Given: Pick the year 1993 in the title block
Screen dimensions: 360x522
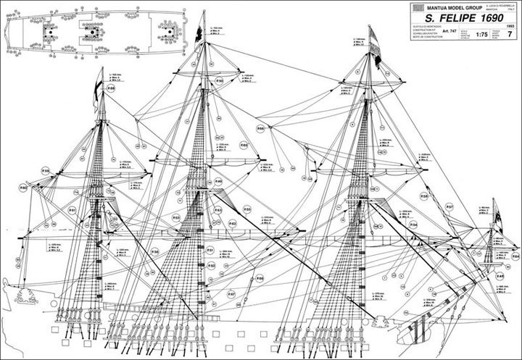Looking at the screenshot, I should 510,25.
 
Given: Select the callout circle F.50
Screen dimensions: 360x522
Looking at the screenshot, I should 219,80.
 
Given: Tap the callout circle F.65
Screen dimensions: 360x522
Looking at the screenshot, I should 244,146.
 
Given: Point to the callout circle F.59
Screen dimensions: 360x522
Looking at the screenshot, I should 45,171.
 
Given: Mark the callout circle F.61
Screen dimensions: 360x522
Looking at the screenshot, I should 72,209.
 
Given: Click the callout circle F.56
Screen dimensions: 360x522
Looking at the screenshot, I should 154,251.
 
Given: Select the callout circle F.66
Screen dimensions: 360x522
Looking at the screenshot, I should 260,278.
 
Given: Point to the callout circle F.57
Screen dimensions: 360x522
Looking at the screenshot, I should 449,207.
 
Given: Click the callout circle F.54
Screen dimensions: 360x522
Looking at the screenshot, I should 413,225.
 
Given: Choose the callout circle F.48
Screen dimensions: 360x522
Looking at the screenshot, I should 500,276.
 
